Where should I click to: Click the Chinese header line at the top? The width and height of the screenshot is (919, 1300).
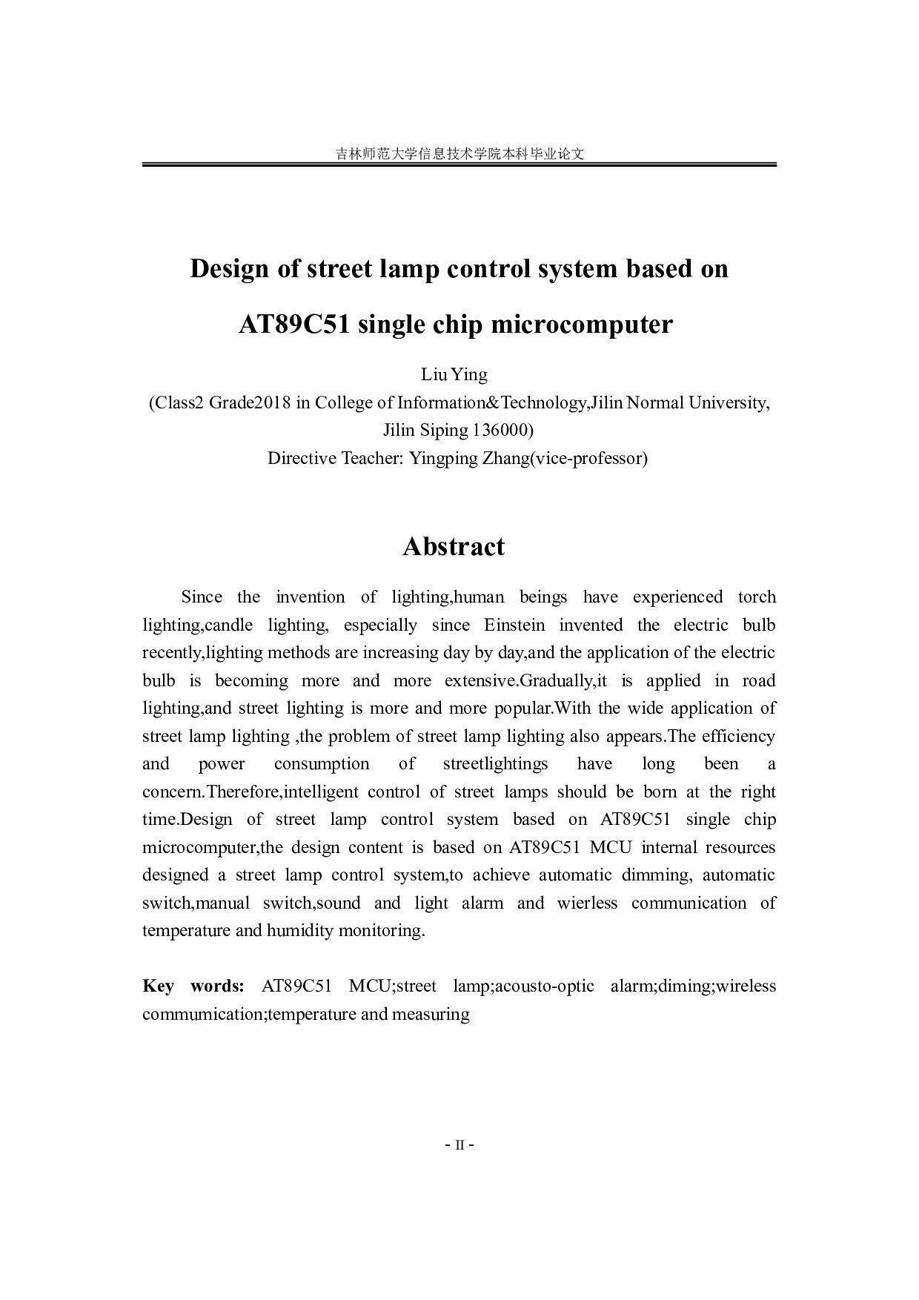(x=459, y=154)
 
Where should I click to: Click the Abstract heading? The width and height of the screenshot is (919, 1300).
(x=454, y=547)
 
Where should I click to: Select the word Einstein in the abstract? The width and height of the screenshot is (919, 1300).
(x=514, y=626)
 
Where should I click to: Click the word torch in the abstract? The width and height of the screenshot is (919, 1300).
(x=757, y=597)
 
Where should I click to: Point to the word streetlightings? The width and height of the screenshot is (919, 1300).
(x=495, y=764)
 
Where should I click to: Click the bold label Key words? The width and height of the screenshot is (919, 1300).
(x=193, y=986)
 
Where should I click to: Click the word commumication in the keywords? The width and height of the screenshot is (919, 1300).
(x=202, y=1015)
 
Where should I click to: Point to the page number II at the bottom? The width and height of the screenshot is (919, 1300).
(x=459, y=1145)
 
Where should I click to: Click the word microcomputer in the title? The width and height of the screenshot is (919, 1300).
(x=578, y=325)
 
